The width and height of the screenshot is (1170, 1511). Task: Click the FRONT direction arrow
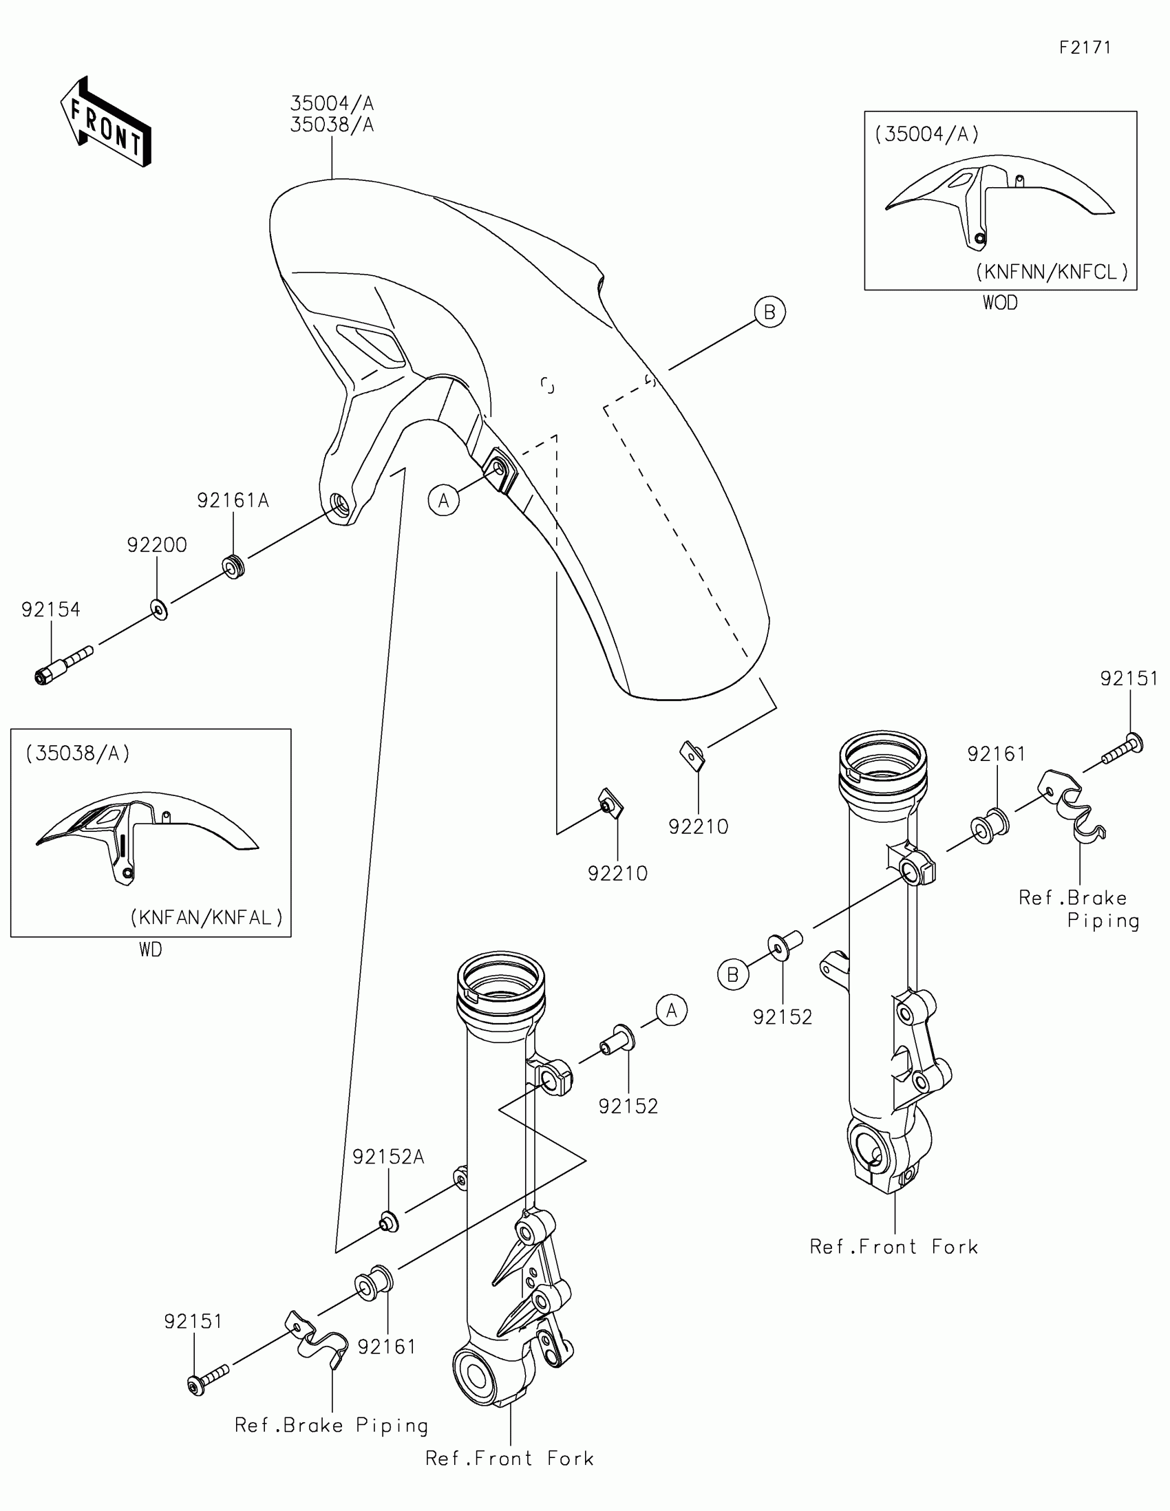pyautogui.click(x=106, y=122)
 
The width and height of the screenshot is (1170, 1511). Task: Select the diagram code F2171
pyautogui.click(x=1085, y=47)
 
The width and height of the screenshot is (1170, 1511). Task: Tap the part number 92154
pyautogui.click(x=50, y=610)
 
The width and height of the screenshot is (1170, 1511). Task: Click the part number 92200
pyautogui.click(x=157, y=545)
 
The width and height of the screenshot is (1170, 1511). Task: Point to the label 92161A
pyautogui.click(x=233, y=500)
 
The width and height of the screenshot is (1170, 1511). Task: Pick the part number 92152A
pyautogui.click(x=388, y=1157)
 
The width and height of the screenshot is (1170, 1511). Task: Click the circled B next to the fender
pyautogui.click(x=769, y=312)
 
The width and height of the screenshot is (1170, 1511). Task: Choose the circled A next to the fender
pyautogui.click(x=443, y=500)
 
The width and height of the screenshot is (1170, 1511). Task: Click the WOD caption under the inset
pyautogui.click(x=1000, y=303)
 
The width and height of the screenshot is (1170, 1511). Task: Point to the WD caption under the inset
pyautogui.click(x=150, y=950)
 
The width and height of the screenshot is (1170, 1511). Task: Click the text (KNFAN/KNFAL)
pyautogui.click(x=206, y=917)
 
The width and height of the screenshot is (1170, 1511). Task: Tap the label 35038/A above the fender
pyautogui.click(x=332, y=125)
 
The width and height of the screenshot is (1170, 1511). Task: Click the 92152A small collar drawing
pyautogui.click(x=389, y=1223)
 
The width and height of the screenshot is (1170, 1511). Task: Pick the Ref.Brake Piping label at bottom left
pyautogui.click(x=332, y=1425)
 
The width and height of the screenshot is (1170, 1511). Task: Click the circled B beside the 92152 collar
pyautogui.click(x=733, y=975)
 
